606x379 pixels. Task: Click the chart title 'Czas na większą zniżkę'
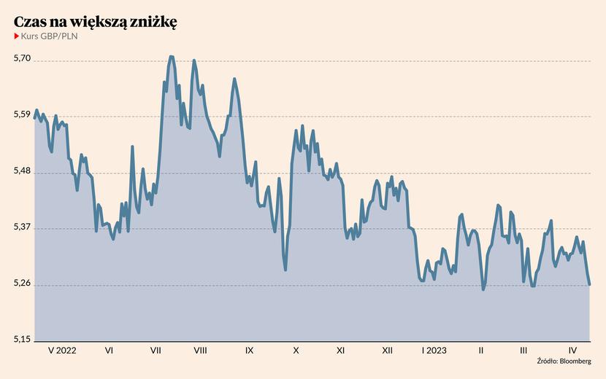coord(95,22)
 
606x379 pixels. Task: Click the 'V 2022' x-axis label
coord(61,351)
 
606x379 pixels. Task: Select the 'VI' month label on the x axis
coord(109,351)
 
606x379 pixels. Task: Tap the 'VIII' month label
coord(200,351)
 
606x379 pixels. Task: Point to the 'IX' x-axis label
coord(249,351)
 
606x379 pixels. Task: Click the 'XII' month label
coord(387,351)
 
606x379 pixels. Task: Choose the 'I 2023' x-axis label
coord(434,351)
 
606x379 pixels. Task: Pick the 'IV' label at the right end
coord(573,351)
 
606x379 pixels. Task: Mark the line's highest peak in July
coord(171,56)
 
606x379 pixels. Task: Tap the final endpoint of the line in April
coord(589,284)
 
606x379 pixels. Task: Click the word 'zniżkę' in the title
coord(153,22)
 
